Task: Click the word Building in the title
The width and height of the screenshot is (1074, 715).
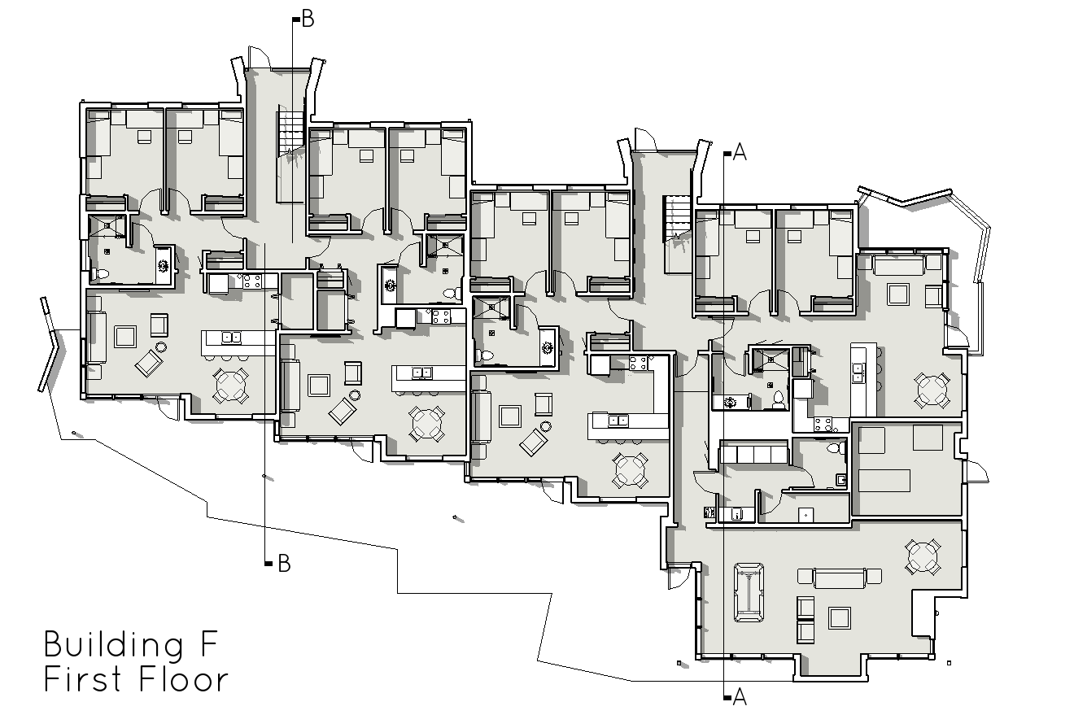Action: pyautogui.click(x=114, y=646)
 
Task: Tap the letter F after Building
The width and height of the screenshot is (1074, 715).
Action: pyautogui.click(x=210, y=643)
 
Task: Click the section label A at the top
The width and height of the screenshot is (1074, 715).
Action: pyautogui.click(x=740, y=152)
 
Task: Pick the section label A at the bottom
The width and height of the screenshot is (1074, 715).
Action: pyautogui.click(x=740, y=697)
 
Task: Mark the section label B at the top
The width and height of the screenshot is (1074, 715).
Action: pyautogui.click(x=308, y=20)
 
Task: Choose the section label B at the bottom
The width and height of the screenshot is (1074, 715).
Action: pyautogui.click(x=284, y=564)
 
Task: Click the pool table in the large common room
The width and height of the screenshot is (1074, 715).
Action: pyautogui.click(x=749, y=593)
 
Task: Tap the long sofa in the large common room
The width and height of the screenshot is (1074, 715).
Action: pyautogui.click(x=839, y=578)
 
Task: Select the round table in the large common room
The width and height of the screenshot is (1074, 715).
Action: pyautogui.click(x=923, y=557)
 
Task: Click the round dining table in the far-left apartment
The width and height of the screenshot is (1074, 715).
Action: pyautogui.click(x=230, y=386)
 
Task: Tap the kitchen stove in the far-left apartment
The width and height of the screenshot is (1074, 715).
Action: pyautogui.click(x=252, y=281)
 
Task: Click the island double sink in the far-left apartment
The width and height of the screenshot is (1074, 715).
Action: pyautogui.click(x=232, y=338)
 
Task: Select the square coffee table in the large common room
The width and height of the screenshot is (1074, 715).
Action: pyautogui.click(x=840, y=617)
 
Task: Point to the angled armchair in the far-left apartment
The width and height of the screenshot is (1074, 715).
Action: pyautogui.click(x=149, y=363)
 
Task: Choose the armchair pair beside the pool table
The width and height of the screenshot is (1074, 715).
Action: pyautogui.click(x=805, y=620)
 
